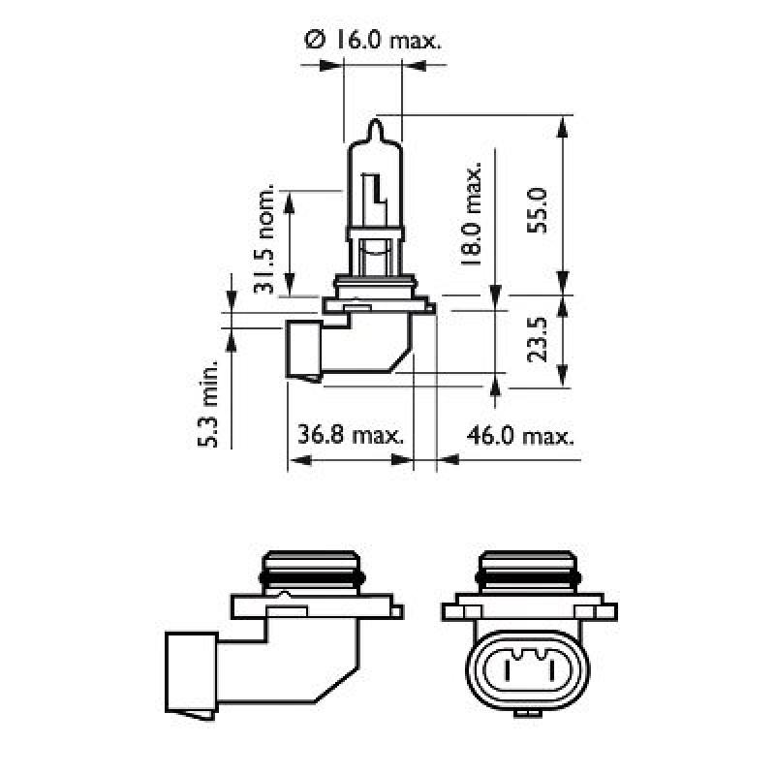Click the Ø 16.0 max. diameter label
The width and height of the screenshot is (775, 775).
pos(373,41)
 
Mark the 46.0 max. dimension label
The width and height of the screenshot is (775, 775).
pos(519,435)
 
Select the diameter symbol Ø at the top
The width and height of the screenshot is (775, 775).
pos(312,41)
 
